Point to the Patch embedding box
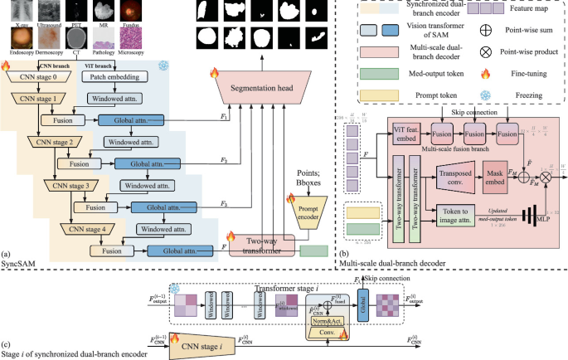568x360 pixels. click(x=115, y=76)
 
